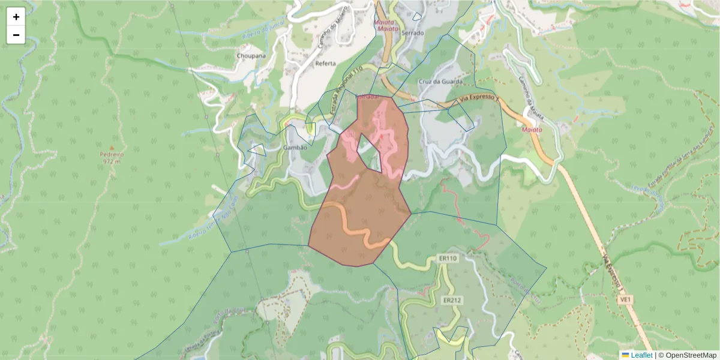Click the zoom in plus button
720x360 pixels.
pyautogui.click(x=16, y=17)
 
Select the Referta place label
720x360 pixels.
pyautogui.click(x=326, y=63)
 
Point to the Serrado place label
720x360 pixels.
pyautogui.click(x=413, y=32)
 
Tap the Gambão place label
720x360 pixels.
pyautogui.click(x=295, y=148)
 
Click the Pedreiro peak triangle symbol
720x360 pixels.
pyautogui.click(x=112, y=148)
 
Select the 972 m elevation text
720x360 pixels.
pyautogui.click(x=112, y=161)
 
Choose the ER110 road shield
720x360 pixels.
pyautogui.click(x=448, y=259)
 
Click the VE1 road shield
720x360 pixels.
pyautogui.click(x=626, y=298)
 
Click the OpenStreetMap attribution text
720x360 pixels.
pyautogui.click(x=688, y=355)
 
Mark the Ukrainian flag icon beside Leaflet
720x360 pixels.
pyautogui.click(x=625, y=355)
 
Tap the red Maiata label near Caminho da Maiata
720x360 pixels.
pyautogui.click(x=532, y=129)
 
